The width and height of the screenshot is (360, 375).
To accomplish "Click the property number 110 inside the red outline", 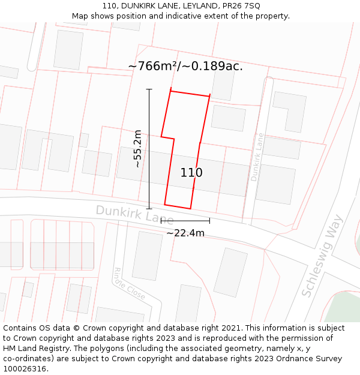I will point(191,173).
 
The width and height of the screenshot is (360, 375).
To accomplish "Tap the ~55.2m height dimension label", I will point(137,149).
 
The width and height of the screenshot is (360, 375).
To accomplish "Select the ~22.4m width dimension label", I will point(185,233).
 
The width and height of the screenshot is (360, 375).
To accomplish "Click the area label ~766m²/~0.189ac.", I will point(185,66).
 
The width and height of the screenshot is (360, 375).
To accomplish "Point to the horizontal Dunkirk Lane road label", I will point(134,215).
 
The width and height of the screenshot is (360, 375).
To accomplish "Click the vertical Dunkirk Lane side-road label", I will point(257,157).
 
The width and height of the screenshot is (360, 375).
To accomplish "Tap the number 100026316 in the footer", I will point(26,369).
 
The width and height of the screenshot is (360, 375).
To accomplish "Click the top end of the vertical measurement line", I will point(149,89).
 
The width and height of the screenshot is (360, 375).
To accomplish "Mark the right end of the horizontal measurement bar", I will point(209,221).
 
